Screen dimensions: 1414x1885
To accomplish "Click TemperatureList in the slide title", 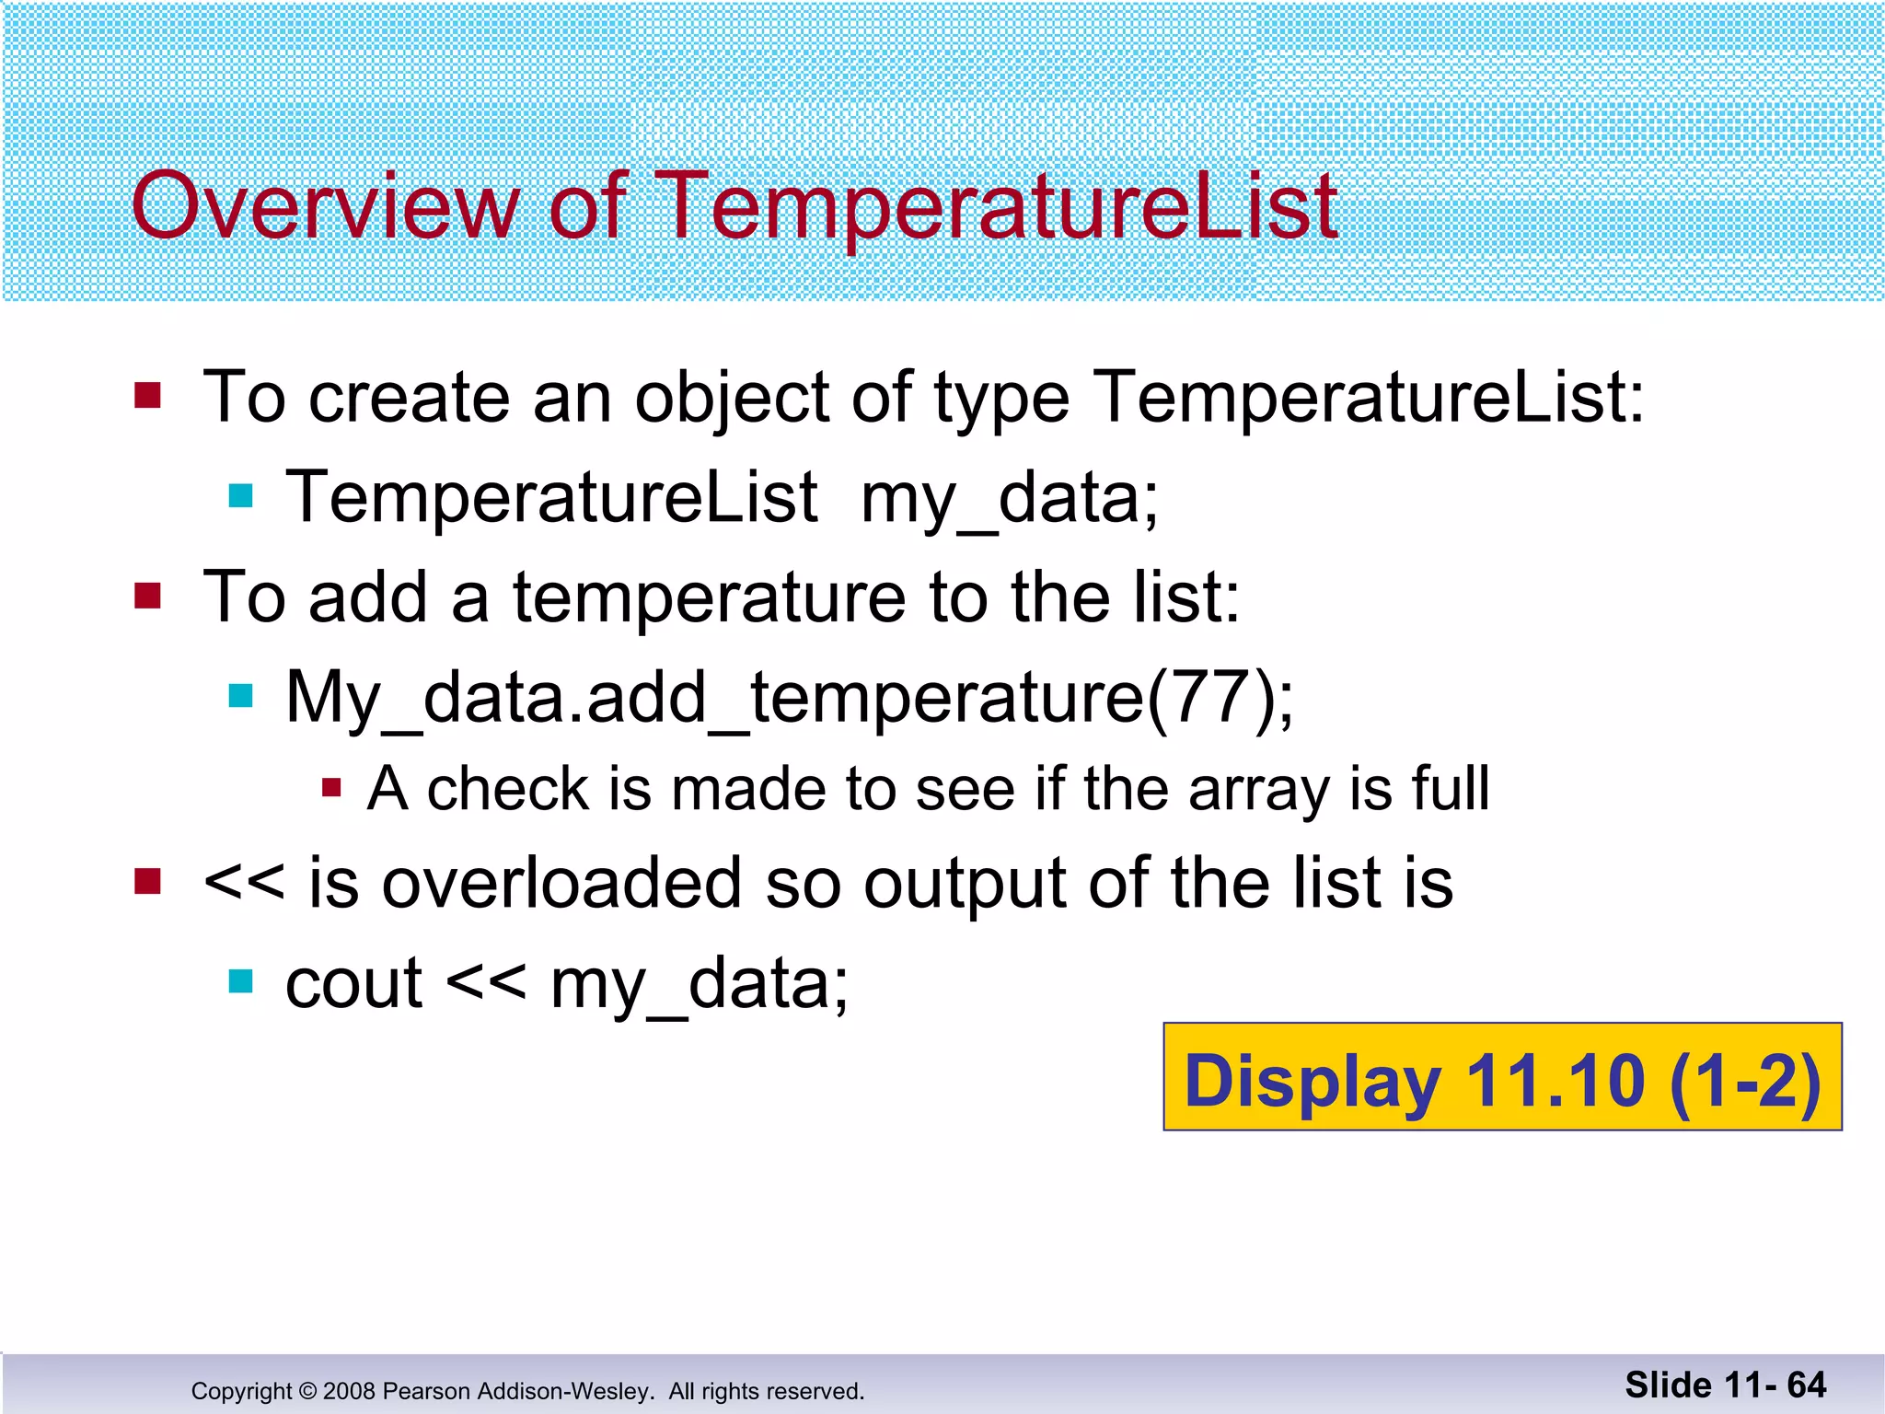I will pos(999,206).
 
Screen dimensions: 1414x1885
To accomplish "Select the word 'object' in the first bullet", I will pos(732,398).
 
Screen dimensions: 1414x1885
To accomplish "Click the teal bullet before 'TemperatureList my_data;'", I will pos(240,496).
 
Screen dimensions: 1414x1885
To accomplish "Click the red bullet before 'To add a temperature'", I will pos(147,596).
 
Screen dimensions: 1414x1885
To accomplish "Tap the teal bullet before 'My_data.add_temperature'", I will pos(240,696).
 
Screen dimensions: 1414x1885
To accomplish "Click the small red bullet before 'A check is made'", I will pos(332,788).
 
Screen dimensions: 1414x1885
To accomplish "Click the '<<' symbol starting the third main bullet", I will pos(244,884).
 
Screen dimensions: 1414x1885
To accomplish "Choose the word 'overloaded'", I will pos(561,884).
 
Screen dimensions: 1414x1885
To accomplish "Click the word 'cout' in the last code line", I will pos(353,984).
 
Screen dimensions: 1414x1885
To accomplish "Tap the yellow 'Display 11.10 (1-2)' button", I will pos(1502,1077).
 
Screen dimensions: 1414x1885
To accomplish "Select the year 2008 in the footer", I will pos(349,1391).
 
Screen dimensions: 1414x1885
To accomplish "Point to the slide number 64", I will pos(1806,1385).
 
